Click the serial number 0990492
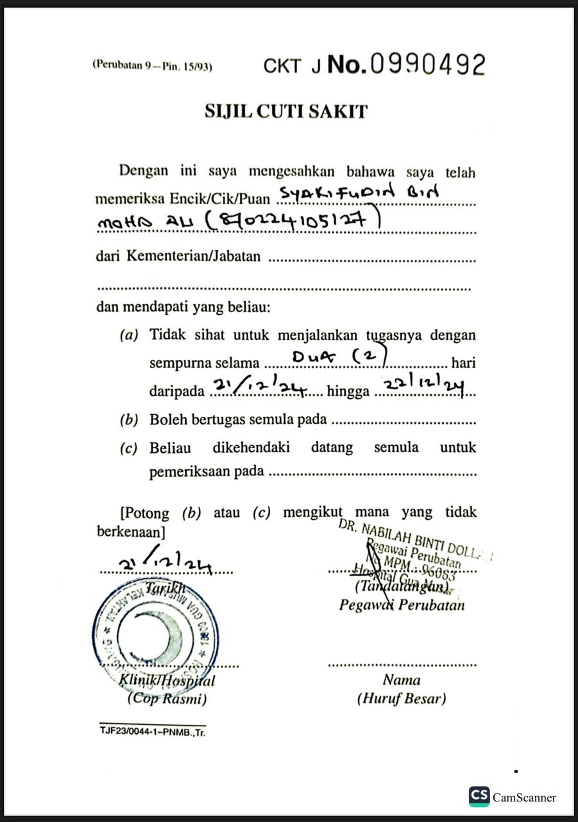[428, 64]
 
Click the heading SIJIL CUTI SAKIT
[286, 111]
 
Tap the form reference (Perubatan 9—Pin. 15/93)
[152, 65]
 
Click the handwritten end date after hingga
[423, 384]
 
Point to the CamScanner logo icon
[479, 796]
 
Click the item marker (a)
[129, 335]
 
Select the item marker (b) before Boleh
[129, 420]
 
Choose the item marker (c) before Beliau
[129, 448]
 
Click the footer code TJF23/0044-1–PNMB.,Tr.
[153, 731]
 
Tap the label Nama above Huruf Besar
[402, 680]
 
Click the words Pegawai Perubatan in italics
[402, 604]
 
